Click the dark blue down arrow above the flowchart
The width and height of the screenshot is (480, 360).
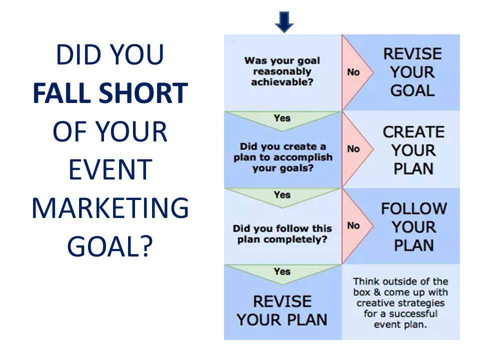284,22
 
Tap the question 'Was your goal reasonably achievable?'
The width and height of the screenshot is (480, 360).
282,71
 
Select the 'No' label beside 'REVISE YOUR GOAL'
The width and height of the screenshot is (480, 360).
353,72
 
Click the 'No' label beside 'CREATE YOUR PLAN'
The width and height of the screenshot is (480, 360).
353,149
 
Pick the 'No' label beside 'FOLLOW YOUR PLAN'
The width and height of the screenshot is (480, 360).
353,225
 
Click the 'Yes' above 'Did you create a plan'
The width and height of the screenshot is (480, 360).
282,118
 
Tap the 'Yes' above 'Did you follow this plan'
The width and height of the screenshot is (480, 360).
282,194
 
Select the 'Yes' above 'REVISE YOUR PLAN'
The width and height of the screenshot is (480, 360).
282,271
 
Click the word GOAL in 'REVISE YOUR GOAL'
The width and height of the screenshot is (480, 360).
412,90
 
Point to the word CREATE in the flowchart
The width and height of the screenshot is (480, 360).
413,132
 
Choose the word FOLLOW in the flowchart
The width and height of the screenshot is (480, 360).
414,209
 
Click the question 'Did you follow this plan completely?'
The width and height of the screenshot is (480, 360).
282,234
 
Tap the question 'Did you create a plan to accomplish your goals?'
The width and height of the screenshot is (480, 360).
283,157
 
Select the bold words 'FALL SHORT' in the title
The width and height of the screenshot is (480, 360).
110,93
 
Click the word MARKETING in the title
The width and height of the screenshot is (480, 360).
110,208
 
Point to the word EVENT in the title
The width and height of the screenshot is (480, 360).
110,169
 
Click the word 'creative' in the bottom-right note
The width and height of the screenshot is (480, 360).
373,303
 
